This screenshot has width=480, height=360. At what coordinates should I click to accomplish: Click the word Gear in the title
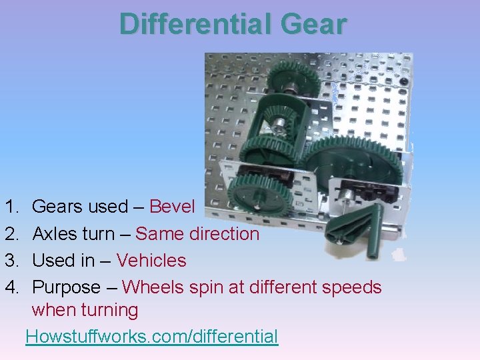point(314,25)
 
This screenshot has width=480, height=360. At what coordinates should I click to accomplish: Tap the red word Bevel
point(172,207)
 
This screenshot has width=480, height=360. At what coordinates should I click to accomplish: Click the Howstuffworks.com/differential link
point(151,337)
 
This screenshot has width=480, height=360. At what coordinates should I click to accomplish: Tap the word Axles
point(55,234)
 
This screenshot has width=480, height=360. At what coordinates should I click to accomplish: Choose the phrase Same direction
point(197,234)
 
